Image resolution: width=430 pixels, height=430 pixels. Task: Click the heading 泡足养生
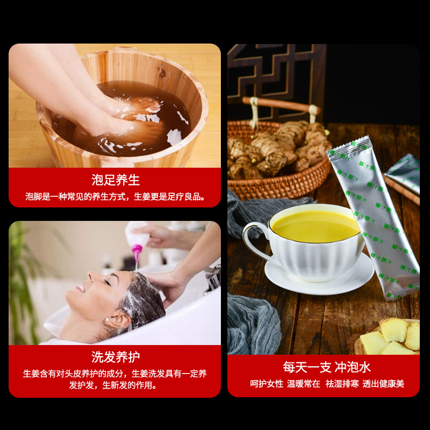tap(116, 180)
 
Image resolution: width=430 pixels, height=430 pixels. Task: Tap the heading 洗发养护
tap(116, 357)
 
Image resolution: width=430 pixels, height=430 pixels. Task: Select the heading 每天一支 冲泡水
tap(327, 367)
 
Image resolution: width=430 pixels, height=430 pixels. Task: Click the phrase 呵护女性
tap(267, 384)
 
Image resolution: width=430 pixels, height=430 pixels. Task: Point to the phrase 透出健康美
tap(383, 384)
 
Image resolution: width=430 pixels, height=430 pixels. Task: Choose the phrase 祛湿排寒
tap(342, 384)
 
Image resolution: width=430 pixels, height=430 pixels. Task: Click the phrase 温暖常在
tap(304, 384)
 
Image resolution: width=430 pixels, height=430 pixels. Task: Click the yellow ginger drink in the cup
tap(316, 226)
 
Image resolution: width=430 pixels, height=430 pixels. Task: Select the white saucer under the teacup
tap(319, 277)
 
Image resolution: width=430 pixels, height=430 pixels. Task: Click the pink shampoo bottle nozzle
tap(137, 252)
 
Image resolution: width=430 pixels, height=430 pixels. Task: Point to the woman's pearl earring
tap(106, 320)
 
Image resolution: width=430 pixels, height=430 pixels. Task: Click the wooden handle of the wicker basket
tap(282, 105)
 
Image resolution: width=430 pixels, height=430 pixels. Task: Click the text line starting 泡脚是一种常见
tap(115, 197)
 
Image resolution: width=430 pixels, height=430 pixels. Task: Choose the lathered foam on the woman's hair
tap(142, 300)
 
